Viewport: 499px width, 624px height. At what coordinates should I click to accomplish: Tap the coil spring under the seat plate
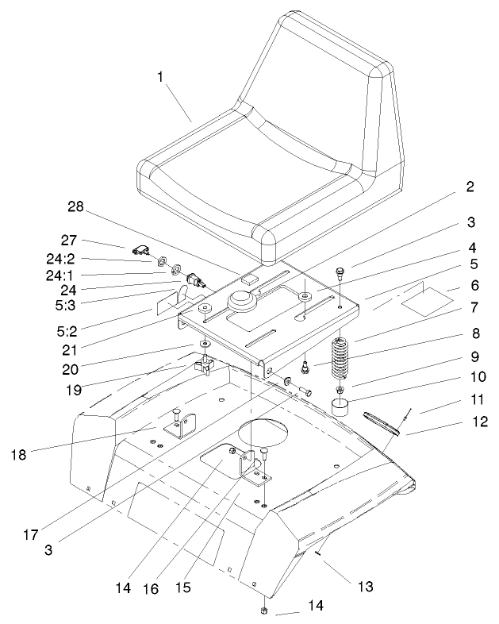[340, 361]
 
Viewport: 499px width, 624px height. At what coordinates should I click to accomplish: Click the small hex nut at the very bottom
[263, 611]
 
